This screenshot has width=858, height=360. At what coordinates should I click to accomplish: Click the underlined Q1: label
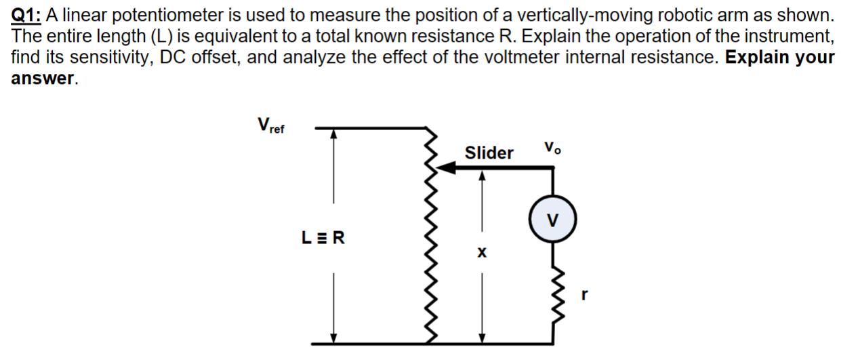[26, 15]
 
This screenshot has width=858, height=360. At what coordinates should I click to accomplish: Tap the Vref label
[271, 126]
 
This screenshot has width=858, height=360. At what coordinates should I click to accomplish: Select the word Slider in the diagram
[489, 153]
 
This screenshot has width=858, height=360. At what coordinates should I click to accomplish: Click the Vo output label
[552, 148]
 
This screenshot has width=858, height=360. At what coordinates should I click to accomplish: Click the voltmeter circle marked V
[554, 220]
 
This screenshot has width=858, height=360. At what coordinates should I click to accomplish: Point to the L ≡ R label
[323, 238]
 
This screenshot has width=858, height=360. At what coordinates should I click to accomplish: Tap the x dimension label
[482, 252]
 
